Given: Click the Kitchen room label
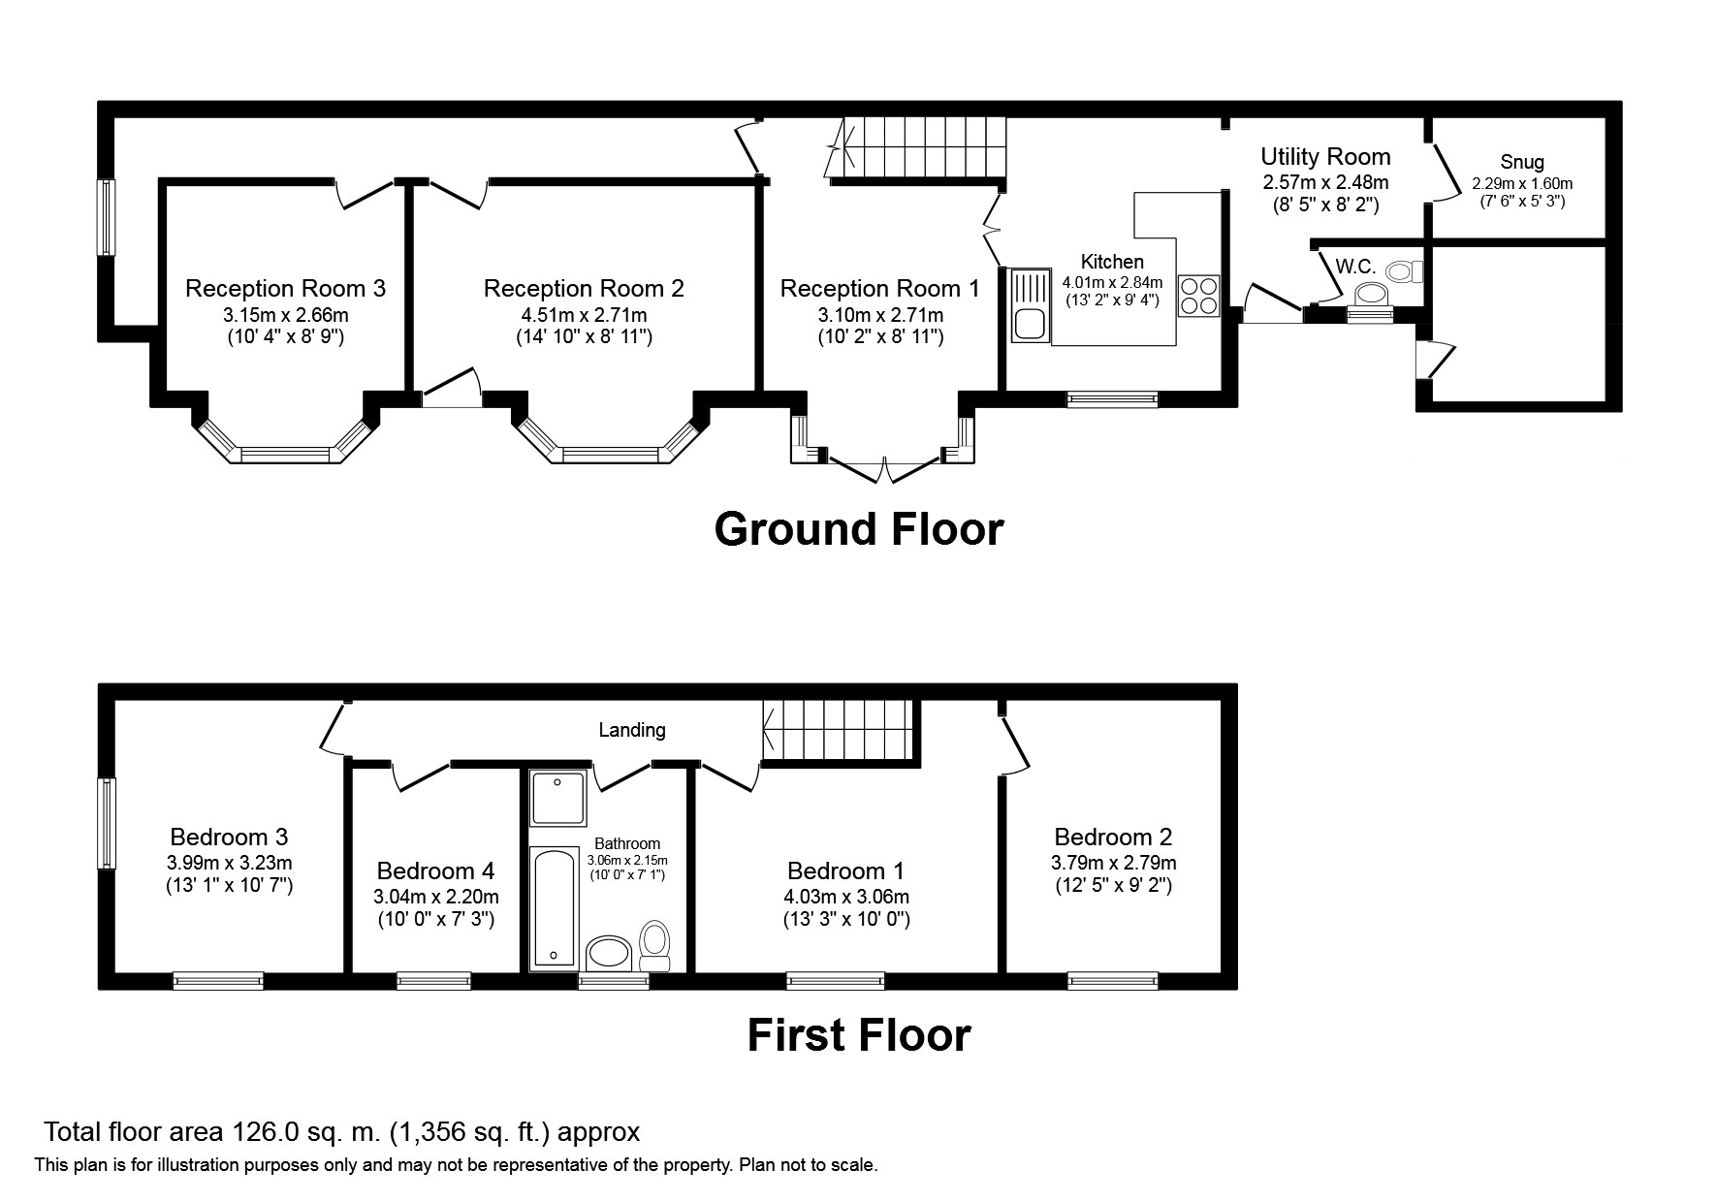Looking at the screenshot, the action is tap(1112, 262).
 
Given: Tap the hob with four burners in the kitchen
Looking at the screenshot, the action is tap(1198, 296).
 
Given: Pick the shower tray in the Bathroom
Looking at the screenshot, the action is tap(557, 798).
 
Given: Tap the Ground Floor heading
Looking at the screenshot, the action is tap(859, 529).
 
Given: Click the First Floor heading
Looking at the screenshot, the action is tap(859, 1035).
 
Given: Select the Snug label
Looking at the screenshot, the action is tap(1522, 162).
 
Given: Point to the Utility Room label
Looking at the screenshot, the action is tap(1325, 156).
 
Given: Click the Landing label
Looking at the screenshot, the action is tap(632, 730).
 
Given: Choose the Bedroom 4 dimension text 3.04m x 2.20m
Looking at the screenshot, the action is tap(436, 897).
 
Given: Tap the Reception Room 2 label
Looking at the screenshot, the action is tap(584, 288).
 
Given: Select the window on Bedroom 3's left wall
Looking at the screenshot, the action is tap(107, 823).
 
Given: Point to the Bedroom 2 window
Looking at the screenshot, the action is tap(1113, 981).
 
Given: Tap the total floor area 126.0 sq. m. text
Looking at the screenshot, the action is tap(341, 1132).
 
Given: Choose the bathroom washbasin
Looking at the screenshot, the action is tap(611, 953).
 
